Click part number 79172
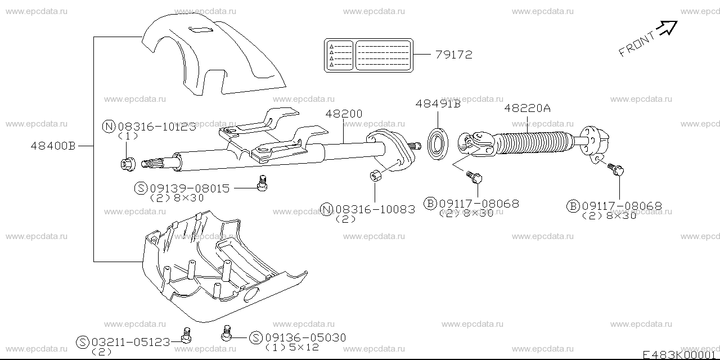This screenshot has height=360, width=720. pyautogui.click(x=453, y=55)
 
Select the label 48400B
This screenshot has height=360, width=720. pyautogui.click(x=53, y=145)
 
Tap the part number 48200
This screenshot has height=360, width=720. pyautogui.click(x=344, y=114)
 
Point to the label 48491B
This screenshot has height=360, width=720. pyautogui.click(x=438, y=103)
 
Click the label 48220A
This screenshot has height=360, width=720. pyautogui.click(x=527, y=108)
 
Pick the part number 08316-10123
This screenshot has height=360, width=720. pyautogui.click(x=156, y=127)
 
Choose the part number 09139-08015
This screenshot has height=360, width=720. pyautogui.click(x=190, y=188)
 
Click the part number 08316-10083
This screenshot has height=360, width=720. pyautogui.click(x=375, y=209)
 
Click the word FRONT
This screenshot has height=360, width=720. pyautogui.click(x=637, y=44)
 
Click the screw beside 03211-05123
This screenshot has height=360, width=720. pyautogui.click(x=186, y=335)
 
